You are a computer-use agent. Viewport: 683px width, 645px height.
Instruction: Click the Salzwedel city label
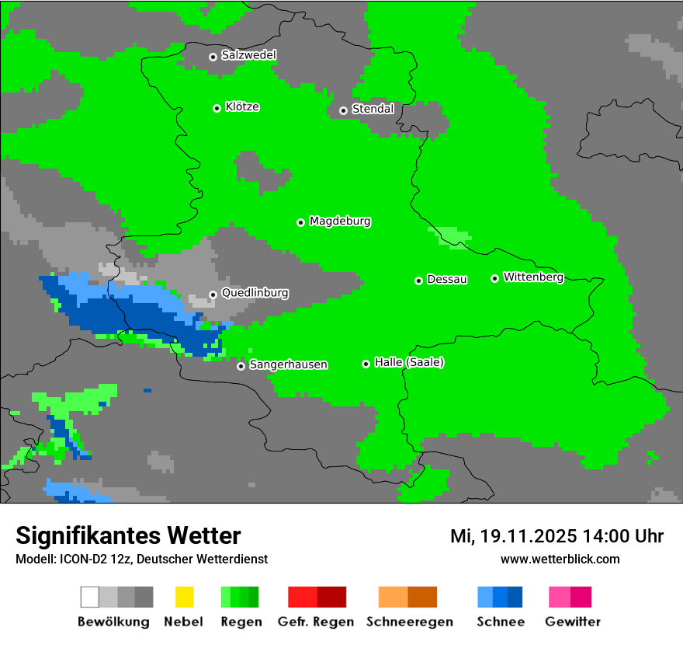pyautogui.click(x=248, y=55)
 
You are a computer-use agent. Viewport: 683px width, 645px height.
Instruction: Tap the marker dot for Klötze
pyautogui.click(x=217, y=108)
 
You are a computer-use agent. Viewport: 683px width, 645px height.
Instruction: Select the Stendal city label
pyautogui.click(x=373, y=109)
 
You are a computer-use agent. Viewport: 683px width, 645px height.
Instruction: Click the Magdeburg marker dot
pyautogui.click(x=300, y=222)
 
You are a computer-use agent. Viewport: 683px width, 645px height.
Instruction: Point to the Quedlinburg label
pyautogui.click(x=255, y=293)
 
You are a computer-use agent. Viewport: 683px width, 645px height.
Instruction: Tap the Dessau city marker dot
pyautogui.click(x=418, y=281)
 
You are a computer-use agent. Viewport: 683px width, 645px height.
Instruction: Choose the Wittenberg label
pyautogui.click(x=533, y=277)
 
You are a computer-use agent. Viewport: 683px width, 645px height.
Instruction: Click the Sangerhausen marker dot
pyautogui.click(x=241, y=366)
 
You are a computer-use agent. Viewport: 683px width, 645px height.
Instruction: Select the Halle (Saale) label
pyautogui.click(x=409, y=362)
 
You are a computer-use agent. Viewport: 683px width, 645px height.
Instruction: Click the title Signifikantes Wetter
pyautogui.click(x=128, y=536)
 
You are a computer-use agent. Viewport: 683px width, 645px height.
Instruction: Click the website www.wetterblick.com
pyautogui.click(x=560, y=560)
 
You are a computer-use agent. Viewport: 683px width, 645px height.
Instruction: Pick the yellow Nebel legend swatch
pyautogui.click(x=184, y=597)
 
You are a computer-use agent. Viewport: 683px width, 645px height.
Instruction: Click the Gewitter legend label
pyautogui.click(x=572, y=622)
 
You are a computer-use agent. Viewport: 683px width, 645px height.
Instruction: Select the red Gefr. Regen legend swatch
pyautogui.click(x=303, y=597)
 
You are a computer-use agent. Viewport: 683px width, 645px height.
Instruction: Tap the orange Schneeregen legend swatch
pyautogui.click(x=393, y=597)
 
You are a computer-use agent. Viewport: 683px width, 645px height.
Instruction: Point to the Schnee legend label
pyautogui.click(x=500, y=622)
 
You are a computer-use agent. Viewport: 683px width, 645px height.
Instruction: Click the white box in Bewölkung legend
pyautogui.click(x=89, y=597)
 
